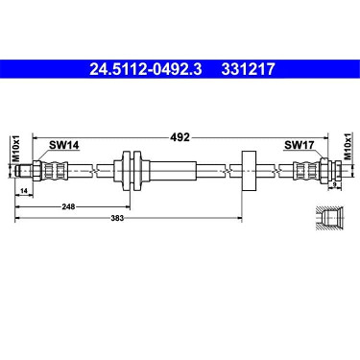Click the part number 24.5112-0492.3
click(x=146, y=69)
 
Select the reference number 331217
click(x=248, y=69)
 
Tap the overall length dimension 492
click(x=180, y=137)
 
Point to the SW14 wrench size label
click(x=63, y=145)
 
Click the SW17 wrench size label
click(x=300, y=145)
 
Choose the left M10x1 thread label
click(x=16, y=149)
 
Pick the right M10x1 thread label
click(x=348, y=146)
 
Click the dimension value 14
click(x=24, y=191)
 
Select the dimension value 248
click(x=68, y=206)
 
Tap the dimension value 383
click(x=117, y=218)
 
